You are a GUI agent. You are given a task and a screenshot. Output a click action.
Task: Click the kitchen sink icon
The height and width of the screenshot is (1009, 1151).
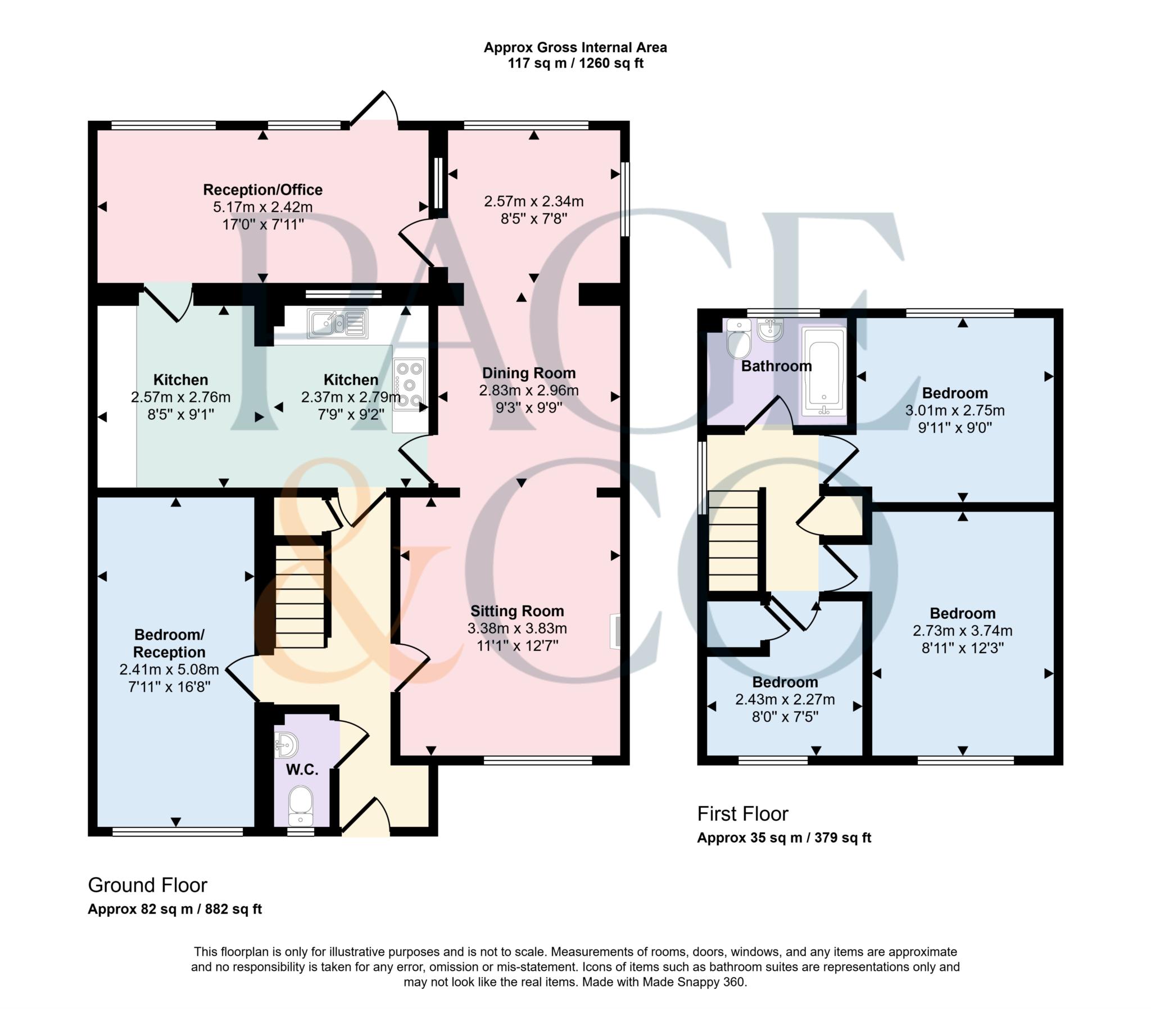pos(337,323)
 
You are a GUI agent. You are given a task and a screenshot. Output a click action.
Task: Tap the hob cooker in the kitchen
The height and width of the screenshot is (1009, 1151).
pos(409,385)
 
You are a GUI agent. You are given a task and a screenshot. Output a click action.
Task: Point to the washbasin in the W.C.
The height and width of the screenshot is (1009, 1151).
pos(287,745)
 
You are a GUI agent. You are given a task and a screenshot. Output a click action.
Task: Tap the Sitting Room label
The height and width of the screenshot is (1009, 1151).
pos(516,611)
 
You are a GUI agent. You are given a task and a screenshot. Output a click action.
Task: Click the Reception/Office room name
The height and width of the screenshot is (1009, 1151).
pos(262,190)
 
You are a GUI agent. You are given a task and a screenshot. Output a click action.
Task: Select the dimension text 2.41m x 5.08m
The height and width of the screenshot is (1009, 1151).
pos(169,669)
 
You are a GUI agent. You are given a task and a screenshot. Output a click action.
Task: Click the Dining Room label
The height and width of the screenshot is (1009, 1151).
pos(528,373)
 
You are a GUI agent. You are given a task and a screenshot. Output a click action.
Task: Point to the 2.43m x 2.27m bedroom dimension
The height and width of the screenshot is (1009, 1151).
pos(785,699)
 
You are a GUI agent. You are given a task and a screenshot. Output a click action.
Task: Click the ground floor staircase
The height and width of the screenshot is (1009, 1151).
pos(300,597)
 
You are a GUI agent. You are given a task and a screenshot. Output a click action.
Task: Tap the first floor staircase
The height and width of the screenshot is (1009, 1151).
pos(733,541)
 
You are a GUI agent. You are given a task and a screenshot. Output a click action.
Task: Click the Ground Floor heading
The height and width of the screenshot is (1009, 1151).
pos(147,885)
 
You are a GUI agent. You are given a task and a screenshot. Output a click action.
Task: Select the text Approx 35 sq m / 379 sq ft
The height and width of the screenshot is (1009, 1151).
pos(783,838)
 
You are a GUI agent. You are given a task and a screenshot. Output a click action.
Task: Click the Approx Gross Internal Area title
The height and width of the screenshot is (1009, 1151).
pos(574,47)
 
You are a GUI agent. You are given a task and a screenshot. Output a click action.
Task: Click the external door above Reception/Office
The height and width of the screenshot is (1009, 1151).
pos(374,108)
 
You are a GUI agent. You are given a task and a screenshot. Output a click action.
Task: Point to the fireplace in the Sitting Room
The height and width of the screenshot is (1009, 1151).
pos(615,632)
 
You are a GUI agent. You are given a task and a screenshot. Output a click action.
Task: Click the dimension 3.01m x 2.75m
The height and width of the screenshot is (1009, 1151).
pos(954,410)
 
